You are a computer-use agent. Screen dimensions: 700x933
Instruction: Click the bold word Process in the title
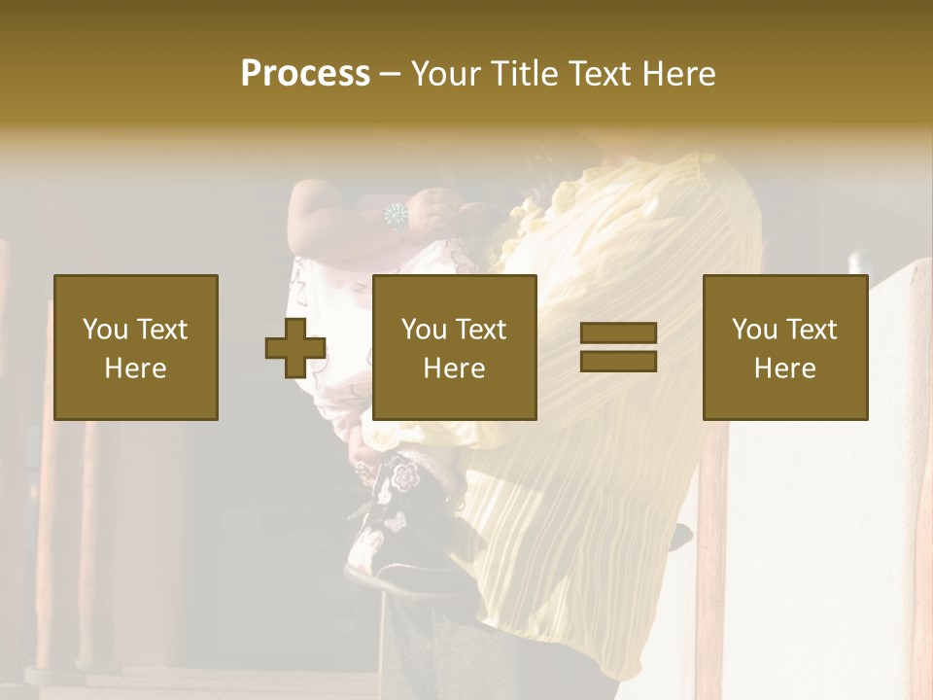tap(305, 74)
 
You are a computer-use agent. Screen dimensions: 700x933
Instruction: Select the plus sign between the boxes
tap(295, 348)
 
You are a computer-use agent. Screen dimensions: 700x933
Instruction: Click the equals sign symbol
tap(618, 347)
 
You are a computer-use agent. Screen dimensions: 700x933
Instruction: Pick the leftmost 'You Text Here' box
tap(135, 347)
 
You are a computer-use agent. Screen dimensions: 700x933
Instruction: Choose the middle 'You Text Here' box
tap(454, 347)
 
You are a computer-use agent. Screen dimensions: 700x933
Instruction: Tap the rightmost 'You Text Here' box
tap(784, 347)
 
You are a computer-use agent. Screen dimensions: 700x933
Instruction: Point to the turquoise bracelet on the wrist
tap(397, 216)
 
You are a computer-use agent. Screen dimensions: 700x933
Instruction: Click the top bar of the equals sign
tap(618, 333)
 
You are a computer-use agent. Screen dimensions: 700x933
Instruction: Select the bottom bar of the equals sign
tap(618, 361)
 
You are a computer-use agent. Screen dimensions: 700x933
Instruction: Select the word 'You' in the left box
tap(104, 330)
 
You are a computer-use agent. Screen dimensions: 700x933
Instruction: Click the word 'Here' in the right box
tap(784, 367)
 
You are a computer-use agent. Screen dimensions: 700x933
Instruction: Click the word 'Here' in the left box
tap(135, 367)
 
